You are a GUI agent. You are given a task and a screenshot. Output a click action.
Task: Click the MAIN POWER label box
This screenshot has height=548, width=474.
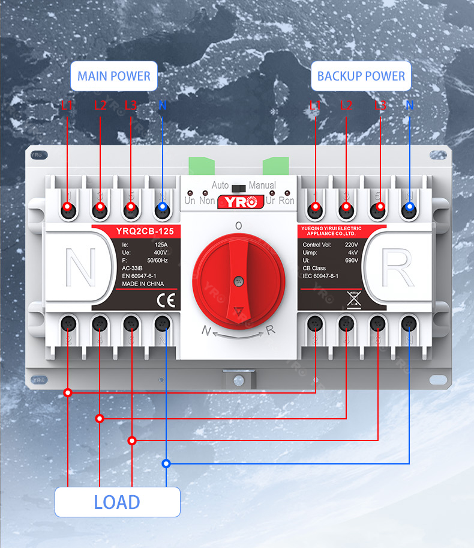pyautogui.click(x=114, y=76)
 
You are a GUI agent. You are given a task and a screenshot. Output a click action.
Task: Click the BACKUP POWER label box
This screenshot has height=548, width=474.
pyautogui.click(x=361, y=76)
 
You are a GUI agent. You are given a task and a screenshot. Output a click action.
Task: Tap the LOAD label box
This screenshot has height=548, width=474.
pyautogui.click(x=117, y=502)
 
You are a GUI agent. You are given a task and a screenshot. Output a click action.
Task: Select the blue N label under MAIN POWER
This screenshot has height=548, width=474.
pyautogui.click(x=162, y=106)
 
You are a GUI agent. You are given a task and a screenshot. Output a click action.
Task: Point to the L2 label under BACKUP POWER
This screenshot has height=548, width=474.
pyautogui.click(x=346, y=106)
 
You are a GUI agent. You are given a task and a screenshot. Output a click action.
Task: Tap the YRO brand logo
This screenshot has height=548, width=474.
pyautogui.click(x=238, y=202)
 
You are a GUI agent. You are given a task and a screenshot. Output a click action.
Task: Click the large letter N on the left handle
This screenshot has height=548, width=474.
pyautogui.click(x=80, y=269)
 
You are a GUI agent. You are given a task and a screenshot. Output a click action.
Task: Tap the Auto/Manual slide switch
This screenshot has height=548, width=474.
pyautogui.click(x=238, y=187)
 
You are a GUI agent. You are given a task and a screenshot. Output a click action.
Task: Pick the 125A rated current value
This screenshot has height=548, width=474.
pyautogui.click(x=161, y=245)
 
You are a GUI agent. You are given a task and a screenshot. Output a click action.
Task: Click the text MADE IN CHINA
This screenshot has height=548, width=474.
pyautogui.click(x=144, y=284)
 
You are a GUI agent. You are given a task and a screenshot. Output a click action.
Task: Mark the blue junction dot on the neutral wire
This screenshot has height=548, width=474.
pyautogui.click(x=166, y=463)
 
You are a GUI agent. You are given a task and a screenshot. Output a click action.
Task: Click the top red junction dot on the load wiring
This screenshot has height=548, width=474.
pyautogui.click(x=68, y=392)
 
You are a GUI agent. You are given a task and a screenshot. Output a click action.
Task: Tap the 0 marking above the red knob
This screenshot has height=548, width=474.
pyautogui.click(x=238, y=226)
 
